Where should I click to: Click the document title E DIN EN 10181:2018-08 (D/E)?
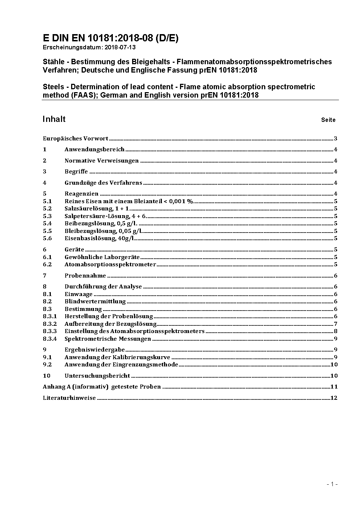click(x=110, y=38)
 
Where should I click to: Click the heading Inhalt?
click(x=54, y=119)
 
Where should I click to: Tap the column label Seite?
click(x=328, y=120)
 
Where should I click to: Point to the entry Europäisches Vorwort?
click(x=75, y=139)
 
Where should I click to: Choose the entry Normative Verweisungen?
click(x=102, y=161)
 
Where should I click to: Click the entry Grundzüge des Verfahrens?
click(x=103, y=183)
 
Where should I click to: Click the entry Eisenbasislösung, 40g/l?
click(x=100, y=238)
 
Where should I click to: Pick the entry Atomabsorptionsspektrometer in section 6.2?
click(x=110, y=264)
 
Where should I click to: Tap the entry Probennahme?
click(x=85, y=276)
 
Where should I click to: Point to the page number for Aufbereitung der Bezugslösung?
click(x=336, y=324)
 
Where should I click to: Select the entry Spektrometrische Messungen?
click(x=108, y=339)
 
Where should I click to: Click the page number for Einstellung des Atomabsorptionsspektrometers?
click(x=336, y=331)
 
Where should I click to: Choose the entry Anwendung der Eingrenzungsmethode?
click(x=121, y=365)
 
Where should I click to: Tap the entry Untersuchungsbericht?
click(x=97, y=376)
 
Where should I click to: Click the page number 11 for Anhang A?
click(x=334, y=387)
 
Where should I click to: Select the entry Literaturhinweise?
click(x=69, y=398)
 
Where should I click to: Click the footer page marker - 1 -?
click(x=332, y=484)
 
